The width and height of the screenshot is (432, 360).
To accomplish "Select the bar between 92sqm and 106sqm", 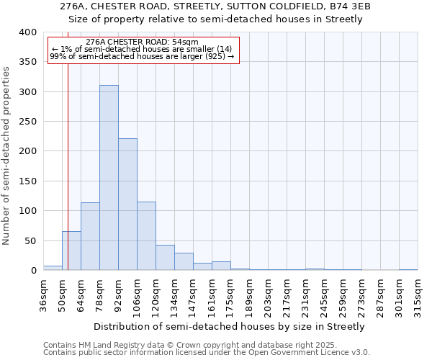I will point(127,204).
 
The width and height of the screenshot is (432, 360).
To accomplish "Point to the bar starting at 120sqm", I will point(165,258).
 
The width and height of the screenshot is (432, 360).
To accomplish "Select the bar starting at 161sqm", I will point(221,266).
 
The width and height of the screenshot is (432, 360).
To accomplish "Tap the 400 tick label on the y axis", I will point(28,32).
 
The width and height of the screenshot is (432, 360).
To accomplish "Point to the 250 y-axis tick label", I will point(28,122).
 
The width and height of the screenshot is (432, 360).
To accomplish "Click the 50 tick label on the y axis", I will point(31,240).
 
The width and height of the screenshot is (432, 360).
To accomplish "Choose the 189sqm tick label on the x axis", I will point(248,296).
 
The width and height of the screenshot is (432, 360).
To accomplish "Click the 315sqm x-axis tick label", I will point(418,296).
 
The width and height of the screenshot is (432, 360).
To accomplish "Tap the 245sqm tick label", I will point(323,296).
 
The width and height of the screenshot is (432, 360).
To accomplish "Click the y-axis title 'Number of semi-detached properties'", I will point(7,155).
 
